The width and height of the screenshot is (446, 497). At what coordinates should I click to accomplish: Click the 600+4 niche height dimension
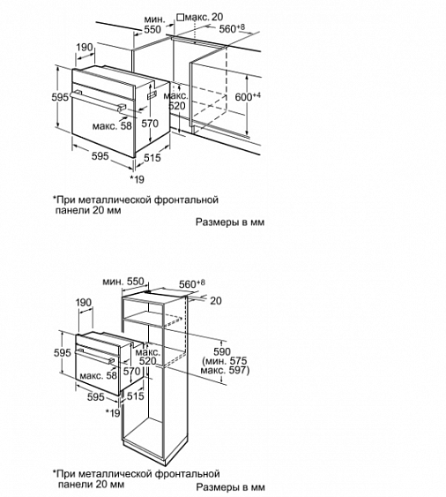pos(248,96)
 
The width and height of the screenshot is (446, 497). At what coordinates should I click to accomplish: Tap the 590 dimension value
pos(222,351)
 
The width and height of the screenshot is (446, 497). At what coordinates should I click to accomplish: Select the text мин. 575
pos(226,361)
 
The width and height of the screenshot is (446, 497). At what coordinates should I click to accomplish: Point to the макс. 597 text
pos(225,370)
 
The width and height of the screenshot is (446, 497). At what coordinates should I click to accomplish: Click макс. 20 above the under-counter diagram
pos(204,17)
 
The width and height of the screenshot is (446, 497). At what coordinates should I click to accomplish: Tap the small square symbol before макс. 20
pos(181,17)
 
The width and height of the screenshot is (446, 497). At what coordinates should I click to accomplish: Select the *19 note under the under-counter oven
pos(138,179)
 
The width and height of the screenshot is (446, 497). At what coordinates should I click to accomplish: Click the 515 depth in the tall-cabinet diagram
pos(135,395)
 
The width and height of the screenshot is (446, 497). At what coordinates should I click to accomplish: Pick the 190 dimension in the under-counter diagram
pos(85,48)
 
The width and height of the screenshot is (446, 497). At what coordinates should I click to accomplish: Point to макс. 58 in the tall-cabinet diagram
pos(98,376)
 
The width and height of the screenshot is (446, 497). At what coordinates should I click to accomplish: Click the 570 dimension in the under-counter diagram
pos(150,123)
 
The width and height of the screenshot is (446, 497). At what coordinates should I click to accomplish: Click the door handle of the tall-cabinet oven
pos(94,356)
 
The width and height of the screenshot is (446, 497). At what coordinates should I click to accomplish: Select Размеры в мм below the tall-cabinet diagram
pos(230,486)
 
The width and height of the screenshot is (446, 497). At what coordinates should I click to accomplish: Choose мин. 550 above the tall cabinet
pos(123,281)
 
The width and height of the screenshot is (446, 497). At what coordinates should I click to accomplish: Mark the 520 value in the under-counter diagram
pos(176,106)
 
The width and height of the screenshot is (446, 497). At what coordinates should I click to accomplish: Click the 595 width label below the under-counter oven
pos(100,156)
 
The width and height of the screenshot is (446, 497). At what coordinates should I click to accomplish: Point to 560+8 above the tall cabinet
pos(192,284)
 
